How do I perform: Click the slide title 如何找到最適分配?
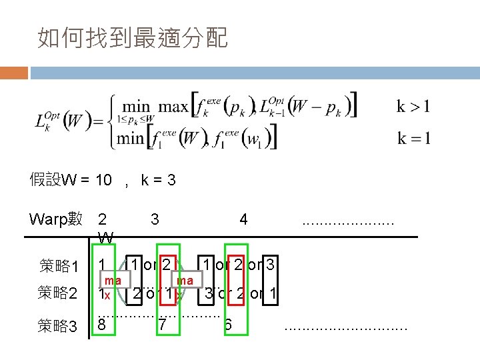click(133, 39)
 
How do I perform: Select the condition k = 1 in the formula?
click(413, 139)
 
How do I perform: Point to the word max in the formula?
click(173, 106)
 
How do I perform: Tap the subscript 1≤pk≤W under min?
click(135, 119)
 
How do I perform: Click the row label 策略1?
click(58, 267)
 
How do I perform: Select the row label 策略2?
click(58, 293)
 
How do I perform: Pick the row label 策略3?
click(58, 325)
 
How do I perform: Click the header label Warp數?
click(56, 219)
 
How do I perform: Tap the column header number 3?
click(155, 219)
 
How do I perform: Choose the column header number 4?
click(244, 219)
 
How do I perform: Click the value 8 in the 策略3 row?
click(101, 325)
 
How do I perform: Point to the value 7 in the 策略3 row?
click(162, 325)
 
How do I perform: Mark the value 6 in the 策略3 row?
click(228, 325)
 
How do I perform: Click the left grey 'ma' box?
click(113, 281)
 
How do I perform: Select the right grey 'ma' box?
click(185, 281)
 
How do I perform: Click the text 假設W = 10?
click(70, 180)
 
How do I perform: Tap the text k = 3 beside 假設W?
click(158, 180)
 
